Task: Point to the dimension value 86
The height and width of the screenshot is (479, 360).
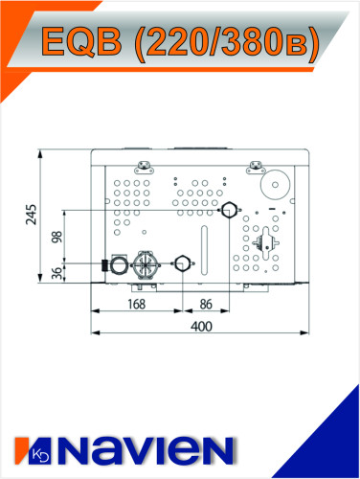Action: click(205, 305)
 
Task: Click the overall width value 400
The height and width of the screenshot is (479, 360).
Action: click(200, 327)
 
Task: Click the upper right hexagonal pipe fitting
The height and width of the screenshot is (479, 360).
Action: click(228, 210)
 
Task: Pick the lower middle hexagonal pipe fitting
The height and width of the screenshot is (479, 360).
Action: click(182, 261)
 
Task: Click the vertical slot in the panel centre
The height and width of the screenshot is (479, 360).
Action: click(204, 244)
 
